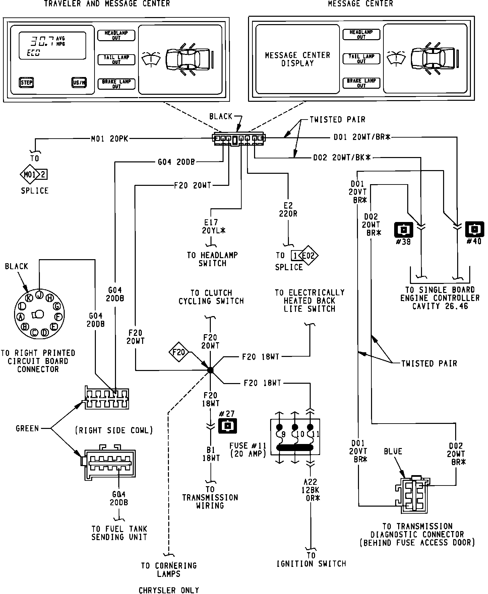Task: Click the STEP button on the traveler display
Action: tap(26, 82)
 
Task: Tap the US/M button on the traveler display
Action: tap(79, 82)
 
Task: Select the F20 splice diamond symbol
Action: tap(179, 352)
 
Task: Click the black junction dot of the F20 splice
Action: tap(210, 370)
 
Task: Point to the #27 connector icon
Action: tap(228, 426)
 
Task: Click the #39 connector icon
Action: tap(404, 230)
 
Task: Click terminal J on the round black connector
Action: tap(40, 294)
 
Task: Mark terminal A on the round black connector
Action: tap(20, 317)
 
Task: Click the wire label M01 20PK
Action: tap(110, 139)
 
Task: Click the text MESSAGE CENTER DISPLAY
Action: tap(298, 59)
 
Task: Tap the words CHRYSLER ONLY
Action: tap(169, 590)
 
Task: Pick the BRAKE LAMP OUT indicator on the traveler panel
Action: tap(116, 84)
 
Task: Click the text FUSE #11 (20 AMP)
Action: tap(248, 450)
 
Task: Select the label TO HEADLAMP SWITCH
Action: tap(212, 259)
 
